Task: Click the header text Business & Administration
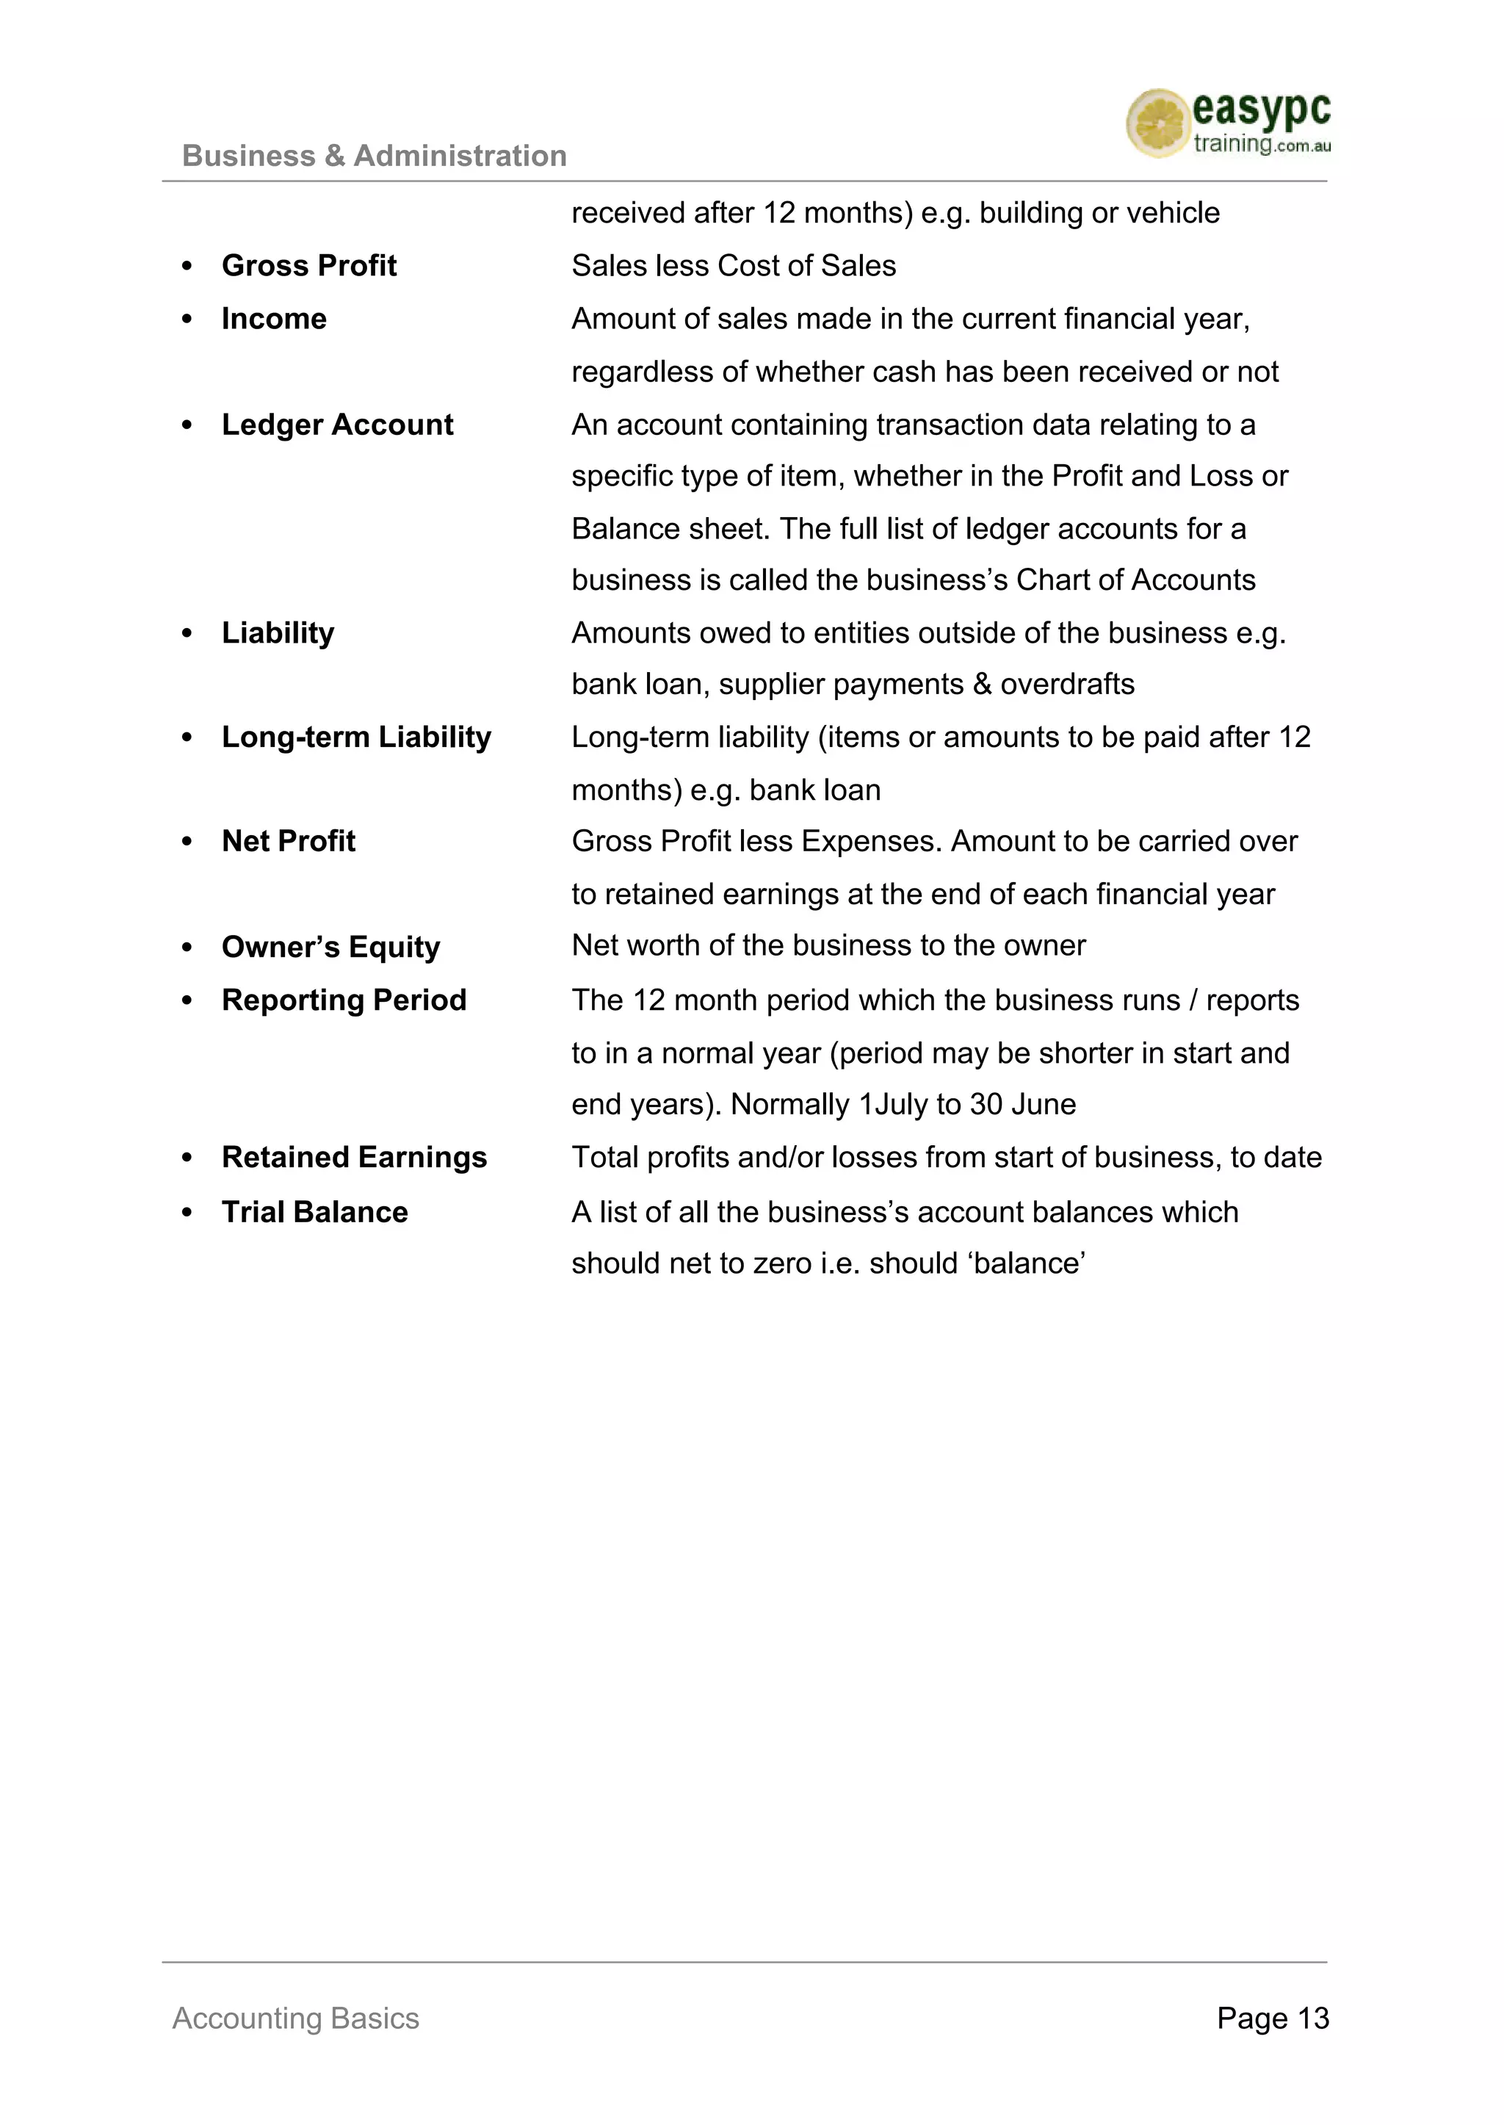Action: click(x=374, y=156)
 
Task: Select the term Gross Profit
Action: click(x=308, y=266)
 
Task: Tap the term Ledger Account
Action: click(x=337, y=425)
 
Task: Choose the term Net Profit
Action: click(x=288, y=841)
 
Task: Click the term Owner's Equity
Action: click(x=330, y=947)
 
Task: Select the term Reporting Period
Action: click(x=344, y=1000)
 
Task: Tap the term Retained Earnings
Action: click(x=354, y=1158)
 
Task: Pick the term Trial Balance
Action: click(x=314, y=1213)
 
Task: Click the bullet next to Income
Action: click(x=187, y=320)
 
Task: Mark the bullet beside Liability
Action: click(x=187, y=634)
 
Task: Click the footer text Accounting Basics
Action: click(x=295, y=2018)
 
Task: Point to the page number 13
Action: click(x=1312, y=2018)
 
